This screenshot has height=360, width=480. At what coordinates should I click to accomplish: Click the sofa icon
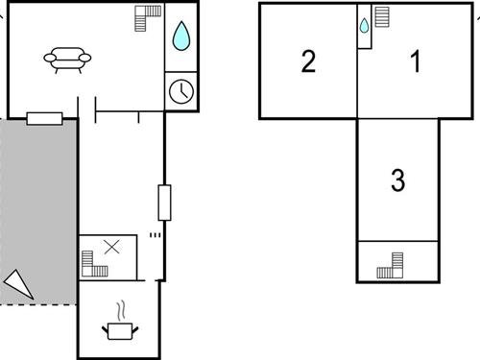point(68,60)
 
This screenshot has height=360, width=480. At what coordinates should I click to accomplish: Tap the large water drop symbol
point(180,36)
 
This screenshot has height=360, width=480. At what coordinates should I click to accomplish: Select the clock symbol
point(180,91)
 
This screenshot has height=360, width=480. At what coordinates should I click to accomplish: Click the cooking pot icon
point(121,330)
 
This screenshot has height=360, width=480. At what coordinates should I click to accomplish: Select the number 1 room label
point(416,63)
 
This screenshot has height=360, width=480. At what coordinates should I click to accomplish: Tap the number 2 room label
point(308,63)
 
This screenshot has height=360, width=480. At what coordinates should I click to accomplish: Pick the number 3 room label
point(398,180)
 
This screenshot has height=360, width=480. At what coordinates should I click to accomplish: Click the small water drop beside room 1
point(365,26)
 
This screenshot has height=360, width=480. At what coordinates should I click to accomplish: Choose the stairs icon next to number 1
point(382,18)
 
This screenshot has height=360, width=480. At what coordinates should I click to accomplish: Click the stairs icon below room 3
point(390,263)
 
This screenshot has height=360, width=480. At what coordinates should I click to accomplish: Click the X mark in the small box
point(111,247)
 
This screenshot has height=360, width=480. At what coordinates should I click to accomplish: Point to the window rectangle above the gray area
point(44,118)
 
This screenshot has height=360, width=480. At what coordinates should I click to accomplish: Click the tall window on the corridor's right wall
point(164,203)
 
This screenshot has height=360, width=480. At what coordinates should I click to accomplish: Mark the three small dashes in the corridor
point(155,234)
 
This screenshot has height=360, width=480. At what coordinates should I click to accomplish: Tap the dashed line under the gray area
point(38,304)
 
